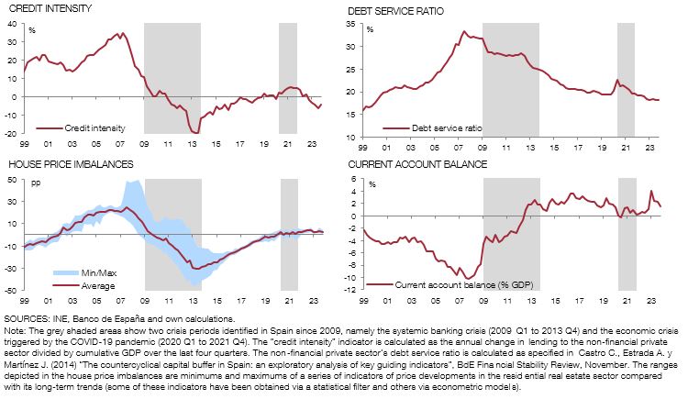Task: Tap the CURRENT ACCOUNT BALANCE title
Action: (x=410, y=164)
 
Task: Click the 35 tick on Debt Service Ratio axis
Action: (x=353, y=23)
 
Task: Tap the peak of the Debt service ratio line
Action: (x=463, y=31)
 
